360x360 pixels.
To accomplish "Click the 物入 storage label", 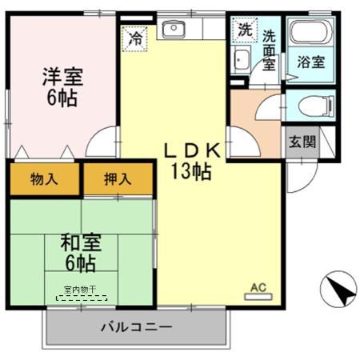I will click(45, 179).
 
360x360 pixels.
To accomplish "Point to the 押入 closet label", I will click(118, 179).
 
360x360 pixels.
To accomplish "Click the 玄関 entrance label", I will click(302, 142).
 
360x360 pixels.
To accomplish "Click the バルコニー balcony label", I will click(136, 327).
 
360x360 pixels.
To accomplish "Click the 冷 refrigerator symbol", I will click(136, 36).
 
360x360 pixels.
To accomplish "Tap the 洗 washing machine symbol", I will click(242, 30).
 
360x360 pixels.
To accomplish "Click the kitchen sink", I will click(173, 30).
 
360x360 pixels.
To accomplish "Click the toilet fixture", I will click(309, 105).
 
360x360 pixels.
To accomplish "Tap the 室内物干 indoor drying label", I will click(80, 290).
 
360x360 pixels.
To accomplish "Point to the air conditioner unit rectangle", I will click(258, 296).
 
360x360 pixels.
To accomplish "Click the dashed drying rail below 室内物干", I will click(80, 298).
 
